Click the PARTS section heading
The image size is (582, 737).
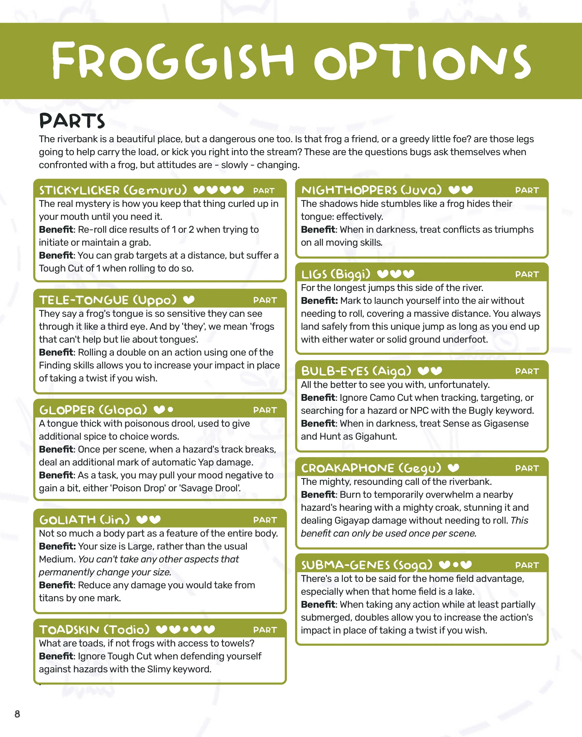click(x=72, y=121)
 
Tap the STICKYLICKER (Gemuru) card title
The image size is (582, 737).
click(x=113, y=190)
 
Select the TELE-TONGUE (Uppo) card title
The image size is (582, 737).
click(x=108, y=300)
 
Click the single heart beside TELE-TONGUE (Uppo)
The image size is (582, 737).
click(x=189, y=300)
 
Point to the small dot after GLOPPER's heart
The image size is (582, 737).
click(x=170, y=409)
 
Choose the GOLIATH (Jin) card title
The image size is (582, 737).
click(x=85, y=520)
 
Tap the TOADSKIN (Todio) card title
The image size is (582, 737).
click(x=94, y=630)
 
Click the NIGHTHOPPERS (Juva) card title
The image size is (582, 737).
click(x=371, y=190)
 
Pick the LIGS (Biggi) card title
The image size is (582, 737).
click(x=336, y=274)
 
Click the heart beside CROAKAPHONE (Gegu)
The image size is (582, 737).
click(x=453, y=468)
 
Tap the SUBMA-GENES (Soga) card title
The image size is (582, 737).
click(x=367, y=565)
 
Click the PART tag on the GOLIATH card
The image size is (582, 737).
click(x=265, y=520)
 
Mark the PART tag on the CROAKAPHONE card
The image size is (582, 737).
click(x=527, y=468)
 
